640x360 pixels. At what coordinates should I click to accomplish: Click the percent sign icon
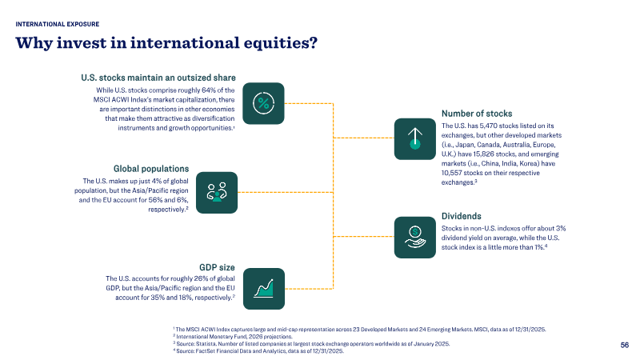click(x=263, y=103)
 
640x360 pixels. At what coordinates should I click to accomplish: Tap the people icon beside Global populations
click(x=217, y=192)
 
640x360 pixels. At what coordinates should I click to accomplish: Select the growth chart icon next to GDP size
click(x=264, y=289)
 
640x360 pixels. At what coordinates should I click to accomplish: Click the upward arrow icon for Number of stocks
click(x=415, y=138)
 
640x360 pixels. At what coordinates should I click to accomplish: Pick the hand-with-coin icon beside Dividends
click(x=415, y=237)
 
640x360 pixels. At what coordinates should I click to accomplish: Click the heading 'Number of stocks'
click(x=477, y=114)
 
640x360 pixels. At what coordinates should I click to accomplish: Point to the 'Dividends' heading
click(x=462, y=216)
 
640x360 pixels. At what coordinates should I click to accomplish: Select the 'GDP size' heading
click(x=217, y=267)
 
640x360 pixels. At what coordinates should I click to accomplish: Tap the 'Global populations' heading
click(x=151, y=169)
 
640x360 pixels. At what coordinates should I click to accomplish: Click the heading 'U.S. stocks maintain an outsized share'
click(x=158, y=78)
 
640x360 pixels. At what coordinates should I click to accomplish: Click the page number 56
click(x=625, y=345)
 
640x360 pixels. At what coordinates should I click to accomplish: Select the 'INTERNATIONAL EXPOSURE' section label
click(x=57, y=24)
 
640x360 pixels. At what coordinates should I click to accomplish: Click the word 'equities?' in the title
click(x=281, y=43)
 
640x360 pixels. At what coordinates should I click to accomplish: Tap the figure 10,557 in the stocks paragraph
click(x=451, y=173)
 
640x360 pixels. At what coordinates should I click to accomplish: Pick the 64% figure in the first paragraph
click(x=209, y=90)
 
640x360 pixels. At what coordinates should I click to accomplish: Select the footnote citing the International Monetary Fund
click(x=233, y=336)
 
